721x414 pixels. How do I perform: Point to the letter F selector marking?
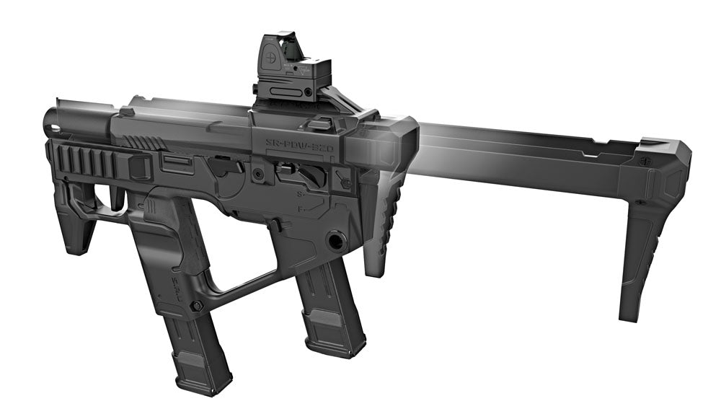(x=300, y=209)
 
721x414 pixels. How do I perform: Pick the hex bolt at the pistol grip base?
(x=197, y=306)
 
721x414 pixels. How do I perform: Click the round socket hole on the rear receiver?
(x=335, y=239)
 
